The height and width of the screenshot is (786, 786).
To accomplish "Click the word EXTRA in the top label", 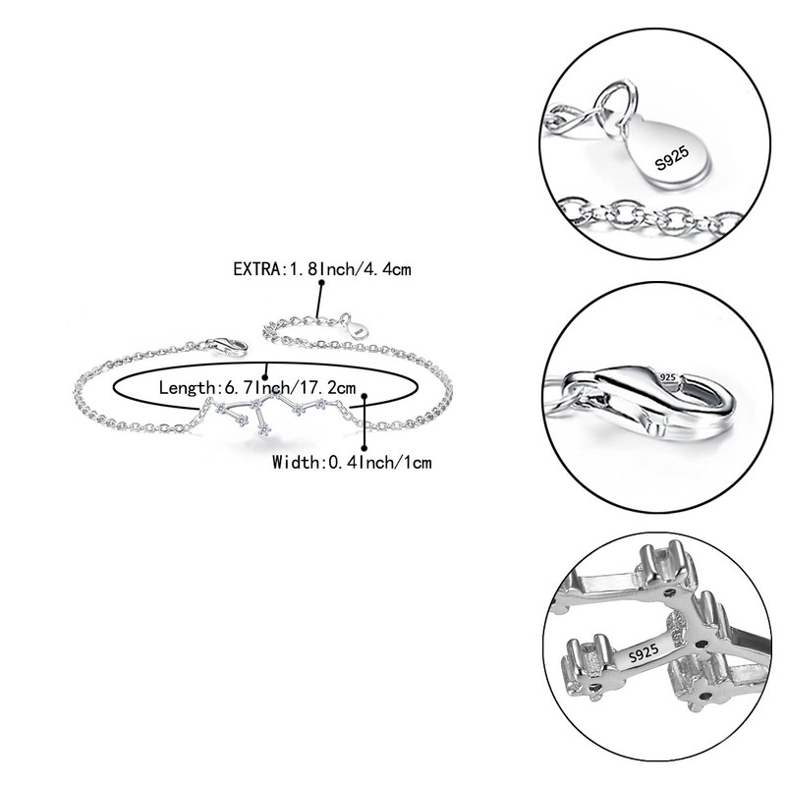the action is click(255, 268).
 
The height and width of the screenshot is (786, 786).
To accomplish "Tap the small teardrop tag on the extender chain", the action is click(356, 327).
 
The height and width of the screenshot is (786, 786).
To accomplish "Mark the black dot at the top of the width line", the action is click(365, 397).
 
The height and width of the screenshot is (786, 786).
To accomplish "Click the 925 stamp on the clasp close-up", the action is click(669, 376).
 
